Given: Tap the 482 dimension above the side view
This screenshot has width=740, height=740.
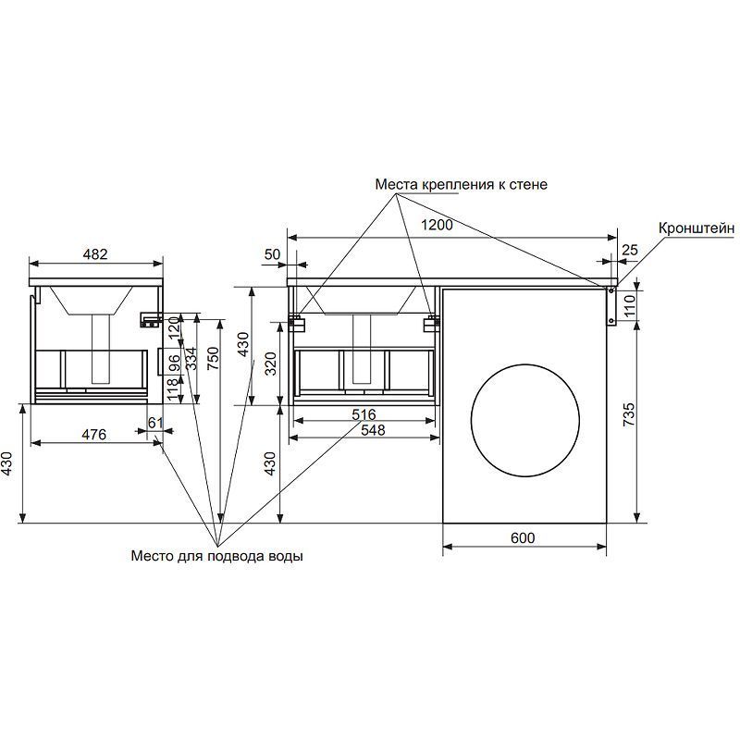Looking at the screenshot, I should pyautogui.click(x=96, y=253).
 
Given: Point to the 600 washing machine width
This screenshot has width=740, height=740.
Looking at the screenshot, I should pyautogui.click(x=523, y=538).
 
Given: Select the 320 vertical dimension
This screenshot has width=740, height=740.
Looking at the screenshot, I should pyautogui.click(x=270, y=364).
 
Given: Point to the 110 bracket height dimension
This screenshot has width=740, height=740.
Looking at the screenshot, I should pyautogui.click(x=629, y=304).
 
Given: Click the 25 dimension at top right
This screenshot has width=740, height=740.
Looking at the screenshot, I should pyautogui.click(x=630, y=250).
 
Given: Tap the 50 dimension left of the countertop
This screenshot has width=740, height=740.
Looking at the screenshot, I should pyautogui.click(x=273, y=253).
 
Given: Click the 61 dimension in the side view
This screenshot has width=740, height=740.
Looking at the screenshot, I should pyautogui.click(x=154, y=423).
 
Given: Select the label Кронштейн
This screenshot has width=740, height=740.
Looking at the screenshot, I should pyautogui.click(x=697, y=228).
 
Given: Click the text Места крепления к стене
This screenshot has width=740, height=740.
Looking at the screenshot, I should pyautogui.click(x=461, y=184).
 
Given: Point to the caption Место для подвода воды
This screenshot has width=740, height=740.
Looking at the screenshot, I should pyautogui.click(x=216, y=557).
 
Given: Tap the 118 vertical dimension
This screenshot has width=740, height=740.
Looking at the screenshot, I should pyautogui.click(x=173, y=389).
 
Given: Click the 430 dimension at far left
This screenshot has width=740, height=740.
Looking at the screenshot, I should pyautogui.click(x=9, y=463).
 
